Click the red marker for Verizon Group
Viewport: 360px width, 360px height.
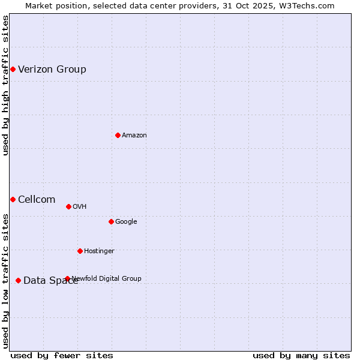(13, 70)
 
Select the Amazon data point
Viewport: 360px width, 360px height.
(118, 136)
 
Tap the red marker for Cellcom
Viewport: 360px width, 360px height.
(13, 199)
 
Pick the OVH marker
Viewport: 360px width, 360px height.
(68, 207)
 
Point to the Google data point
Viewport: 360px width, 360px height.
(111, 222)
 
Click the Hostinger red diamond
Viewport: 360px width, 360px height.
(80, 251)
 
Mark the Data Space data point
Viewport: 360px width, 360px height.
(18, 280)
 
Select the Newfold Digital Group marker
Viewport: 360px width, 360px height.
(67, 278)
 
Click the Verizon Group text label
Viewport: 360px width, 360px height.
(52, 70)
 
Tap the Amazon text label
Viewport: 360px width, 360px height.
(134, 136)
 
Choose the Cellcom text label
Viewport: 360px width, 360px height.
(37, 200)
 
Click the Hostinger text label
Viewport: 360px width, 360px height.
(99, 251)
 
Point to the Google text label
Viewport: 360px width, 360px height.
(126, 222)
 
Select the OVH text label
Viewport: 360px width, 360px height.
(80, 207)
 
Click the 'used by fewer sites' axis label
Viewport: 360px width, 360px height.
(62, 355)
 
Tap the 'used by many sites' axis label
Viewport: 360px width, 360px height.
(301, 355)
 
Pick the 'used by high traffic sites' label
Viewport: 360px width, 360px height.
(5, 85)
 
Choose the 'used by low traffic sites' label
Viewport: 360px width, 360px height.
(5, 280)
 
